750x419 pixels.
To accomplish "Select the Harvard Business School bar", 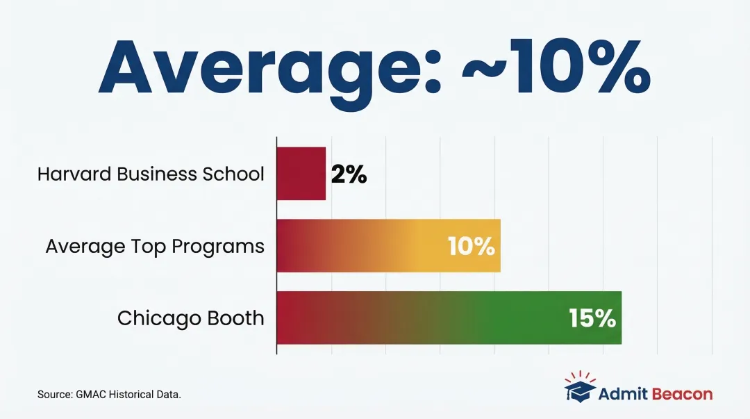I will click(x=301, y=174).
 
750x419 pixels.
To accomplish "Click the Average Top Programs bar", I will click(x=388, y=246).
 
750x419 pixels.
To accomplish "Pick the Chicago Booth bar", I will click(x=449, y=318).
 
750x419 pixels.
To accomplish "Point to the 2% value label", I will click(x=349, y=174).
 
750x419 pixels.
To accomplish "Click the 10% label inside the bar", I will click(x=471, y=246).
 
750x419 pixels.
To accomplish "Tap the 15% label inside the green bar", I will click(x=592, y=318).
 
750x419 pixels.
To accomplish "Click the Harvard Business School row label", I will click(x=151, y=174).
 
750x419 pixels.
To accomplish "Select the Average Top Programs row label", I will click(x=155, y=246).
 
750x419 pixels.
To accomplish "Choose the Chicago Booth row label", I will click(x=190, y=318).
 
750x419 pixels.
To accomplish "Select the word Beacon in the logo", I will click(x=682, y=394).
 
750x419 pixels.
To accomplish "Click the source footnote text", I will click(x=109, y=395).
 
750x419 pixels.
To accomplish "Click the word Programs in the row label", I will click(x=225, y=246).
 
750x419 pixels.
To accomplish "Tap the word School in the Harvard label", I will click(x=237, y=174).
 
